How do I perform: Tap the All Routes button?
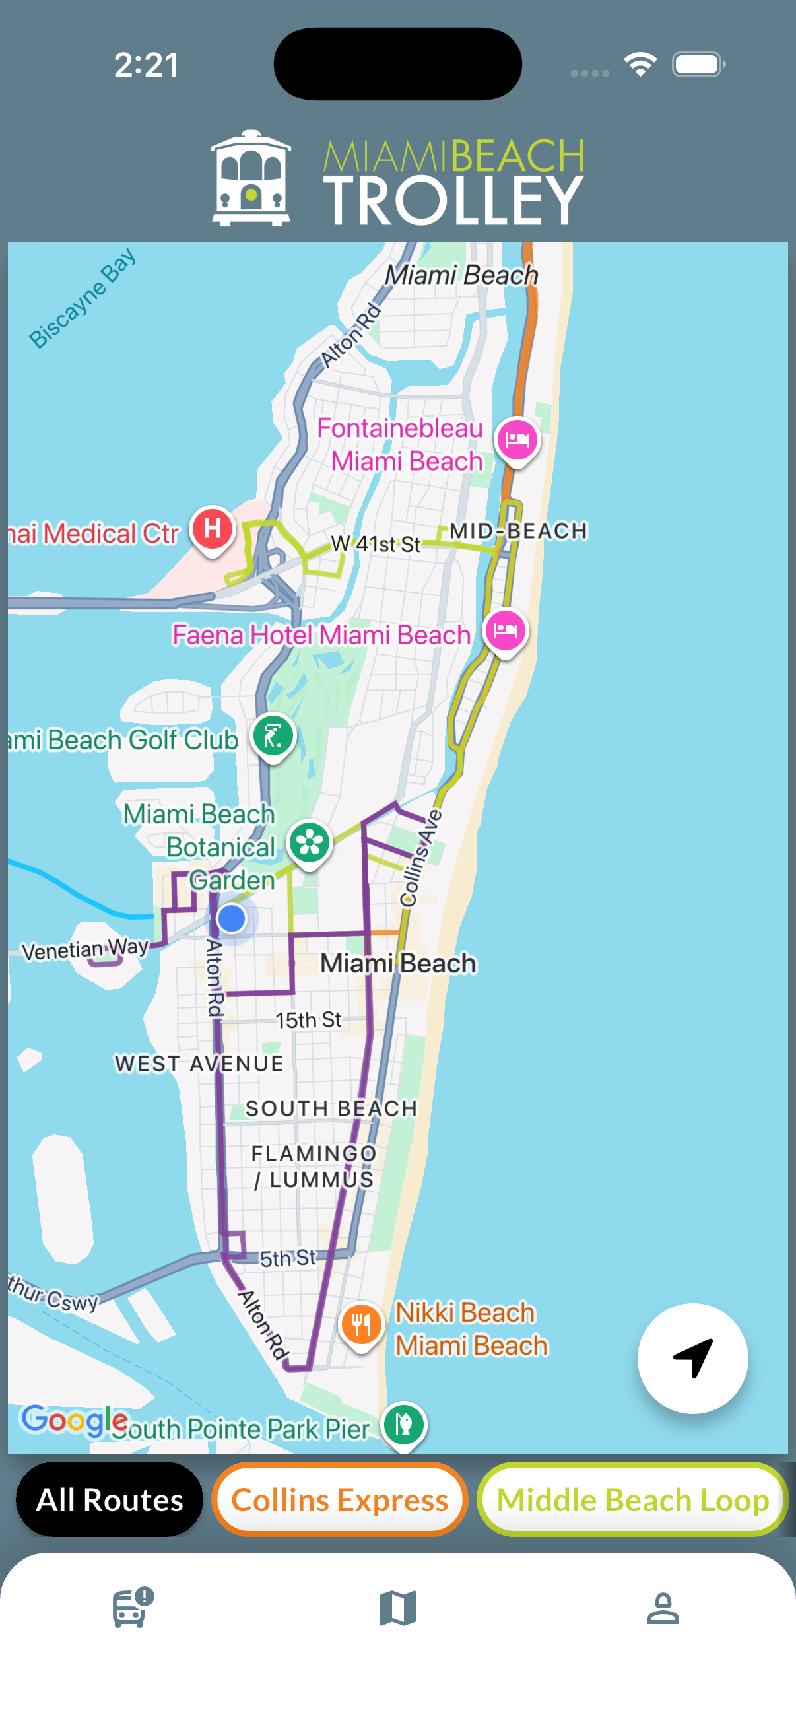(x=110, y=1499)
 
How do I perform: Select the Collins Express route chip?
(x=339, y=1499)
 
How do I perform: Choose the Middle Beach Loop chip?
(x=632, y=1499)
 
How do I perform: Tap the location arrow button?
(x=692, y=1358)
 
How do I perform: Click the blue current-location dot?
(x=232, y=918)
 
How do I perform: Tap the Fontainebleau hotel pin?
(x=517, y=440)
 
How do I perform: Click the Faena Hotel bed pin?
(x=505, y=630)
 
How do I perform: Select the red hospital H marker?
(x=213, y=528)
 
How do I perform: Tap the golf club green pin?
(x=273, y=736)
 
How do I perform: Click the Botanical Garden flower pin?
(x=310, y=842)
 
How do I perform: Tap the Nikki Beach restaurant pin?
(x=362, y=1324)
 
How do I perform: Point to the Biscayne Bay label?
(x=83, y=298)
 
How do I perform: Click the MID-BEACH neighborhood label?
(x=518, y=531)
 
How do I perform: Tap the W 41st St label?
(x=376, y=543)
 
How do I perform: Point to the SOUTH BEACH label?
(x=331, y=1108)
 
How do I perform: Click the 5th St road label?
(x=288, y=1257)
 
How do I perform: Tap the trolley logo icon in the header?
(x=251, y=178)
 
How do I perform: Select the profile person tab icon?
(x=663, y=1608)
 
